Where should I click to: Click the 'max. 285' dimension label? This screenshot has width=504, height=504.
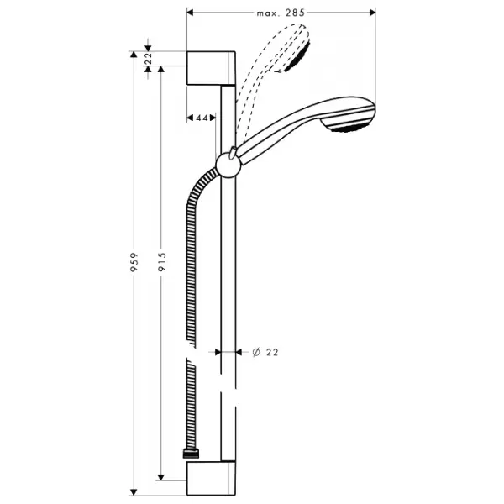tap(281, 13)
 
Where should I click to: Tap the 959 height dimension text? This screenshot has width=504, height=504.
tap(134, 262)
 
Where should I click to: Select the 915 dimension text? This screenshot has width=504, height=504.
tap(161, 261)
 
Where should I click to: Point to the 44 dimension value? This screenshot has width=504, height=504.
tap(202, 118)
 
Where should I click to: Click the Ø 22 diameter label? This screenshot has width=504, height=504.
tap(265, 352)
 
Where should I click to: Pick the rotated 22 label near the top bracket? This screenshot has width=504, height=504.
tap(148, 59)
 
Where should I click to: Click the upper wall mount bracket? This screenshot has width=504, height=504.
tap(211, 68)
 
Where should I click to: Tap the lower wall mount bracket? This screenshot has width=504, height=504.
tap(211, 479)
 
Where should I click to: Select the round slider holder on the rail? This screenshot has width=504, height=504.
tap(228, 165)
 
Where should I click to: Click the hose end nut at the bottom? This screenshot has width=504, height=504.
tap(191, 454)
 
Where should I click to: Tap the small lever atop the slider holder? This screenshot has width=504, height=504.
tap(233, 151)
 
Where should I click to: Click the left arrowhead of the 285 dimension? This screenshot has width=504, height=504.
tap(190, 13)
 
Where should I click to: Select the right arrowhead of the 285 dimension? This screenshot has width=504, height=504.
tap(372, 13)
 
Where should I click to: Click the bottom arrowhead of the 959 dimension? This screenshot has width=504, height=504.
tap(134, 492)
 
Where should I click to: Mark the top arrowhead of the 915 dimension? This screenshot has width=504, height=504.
tap(161, 70)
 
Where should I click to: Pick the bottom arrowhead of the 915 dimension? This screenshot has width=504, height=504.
tap(161, 477)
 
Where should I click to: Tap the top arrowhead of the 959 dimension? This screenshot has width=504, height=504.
tap(134, 55)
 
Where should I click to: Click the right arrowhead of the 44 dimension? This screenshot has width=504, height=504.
tap(213, 118)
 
